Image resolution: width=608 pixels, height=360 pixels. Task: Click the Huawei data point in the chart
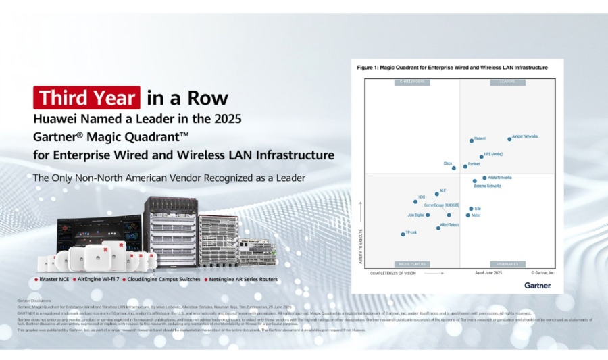(x=472, y=140)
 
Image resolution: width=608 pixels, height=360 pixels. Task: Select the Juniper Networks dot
(x=509, y=139)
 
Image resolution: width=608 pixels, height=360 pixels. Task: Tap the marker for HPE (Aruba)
(x=478, y=157)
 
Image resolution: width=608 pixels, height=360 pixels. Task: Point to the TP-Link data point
(x=403, y=234)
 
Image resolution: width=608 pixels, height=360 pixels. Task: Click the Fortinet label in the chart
(x=474, y=164)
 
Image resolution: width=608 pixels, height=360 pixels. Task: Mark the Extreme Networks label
(x=487, y=186)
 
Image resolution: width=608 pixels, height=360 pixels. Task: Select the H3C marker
(x=415, y=201)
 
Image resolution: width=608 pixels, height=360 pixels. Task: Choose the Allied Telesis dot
(x=438, y=228)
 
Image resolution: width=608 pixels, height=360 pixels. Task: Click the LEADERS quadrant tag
(x=507, y=82)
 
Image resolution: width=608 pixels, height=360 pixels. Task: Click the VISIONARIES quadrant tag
(x=507, y=264)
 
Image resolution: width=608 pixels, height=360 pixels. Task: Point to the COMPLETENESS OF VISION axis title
(x=392, y=274)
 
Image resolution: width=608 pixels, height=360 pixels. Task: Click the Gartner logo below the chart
(x=537, y=285)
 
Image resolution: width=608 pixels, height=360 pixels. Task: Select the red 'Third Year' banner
(x=87, y=98)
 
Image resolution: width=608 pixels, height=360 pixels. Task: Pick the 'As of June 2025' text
(x=488, y=273)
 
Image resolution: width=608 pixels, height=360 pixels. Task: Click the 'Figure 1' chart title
(x=452, y=68)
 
